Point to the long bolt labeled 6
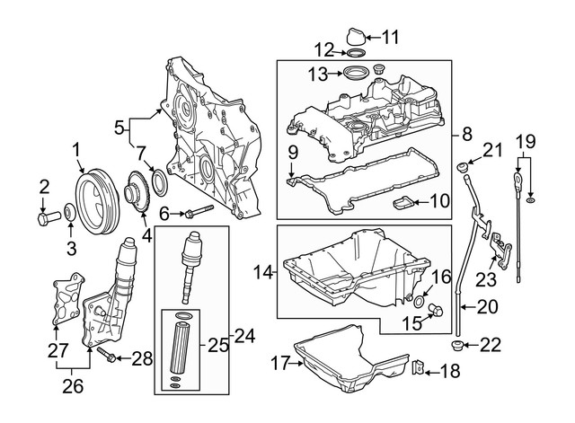click(x=199, y=213)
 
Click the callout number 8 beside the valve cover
click(x=466, y=135)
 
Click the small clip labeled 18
click(x=419, y=369)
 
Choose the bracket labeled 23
click(x=496, y=245)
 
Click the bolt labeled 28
click(x=110, y=358)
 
